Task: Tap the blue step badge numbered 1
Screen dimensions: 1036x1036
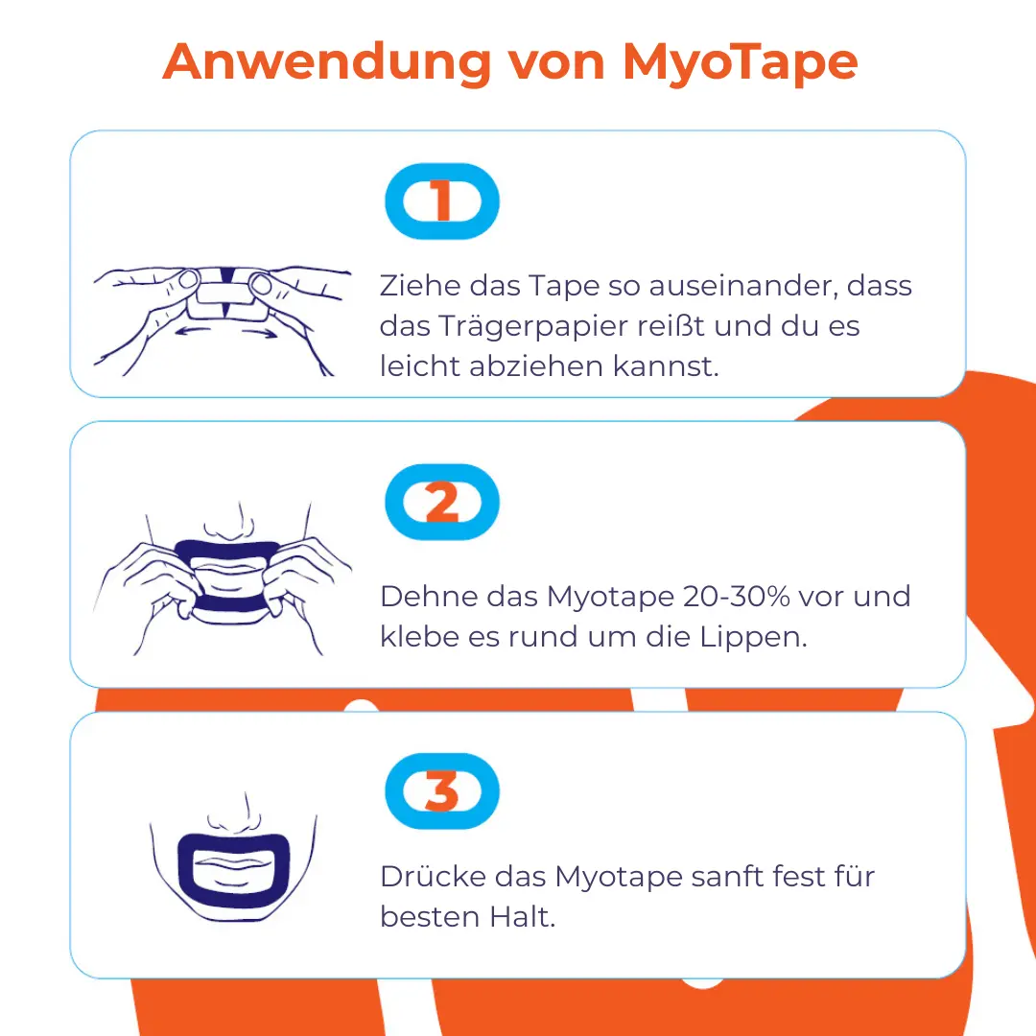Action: click(x=442, y=200)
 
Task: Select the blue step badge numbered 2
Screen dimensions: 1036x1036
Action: click(x=442, y=502)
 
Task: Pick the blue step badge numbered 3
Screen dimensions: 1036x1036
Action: click(x=442, y=790)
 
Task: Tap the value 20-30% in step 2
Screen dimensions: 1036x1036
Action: click(x=736, y=596)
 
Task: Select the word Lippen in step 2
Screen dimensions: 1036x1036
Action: click(x=753, y=638)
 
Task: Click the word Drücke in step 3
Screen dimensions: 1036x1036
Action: click(x=432, y=876)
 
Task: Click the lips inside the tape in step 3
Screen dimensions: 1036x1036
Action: click(x=233, y=872)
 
